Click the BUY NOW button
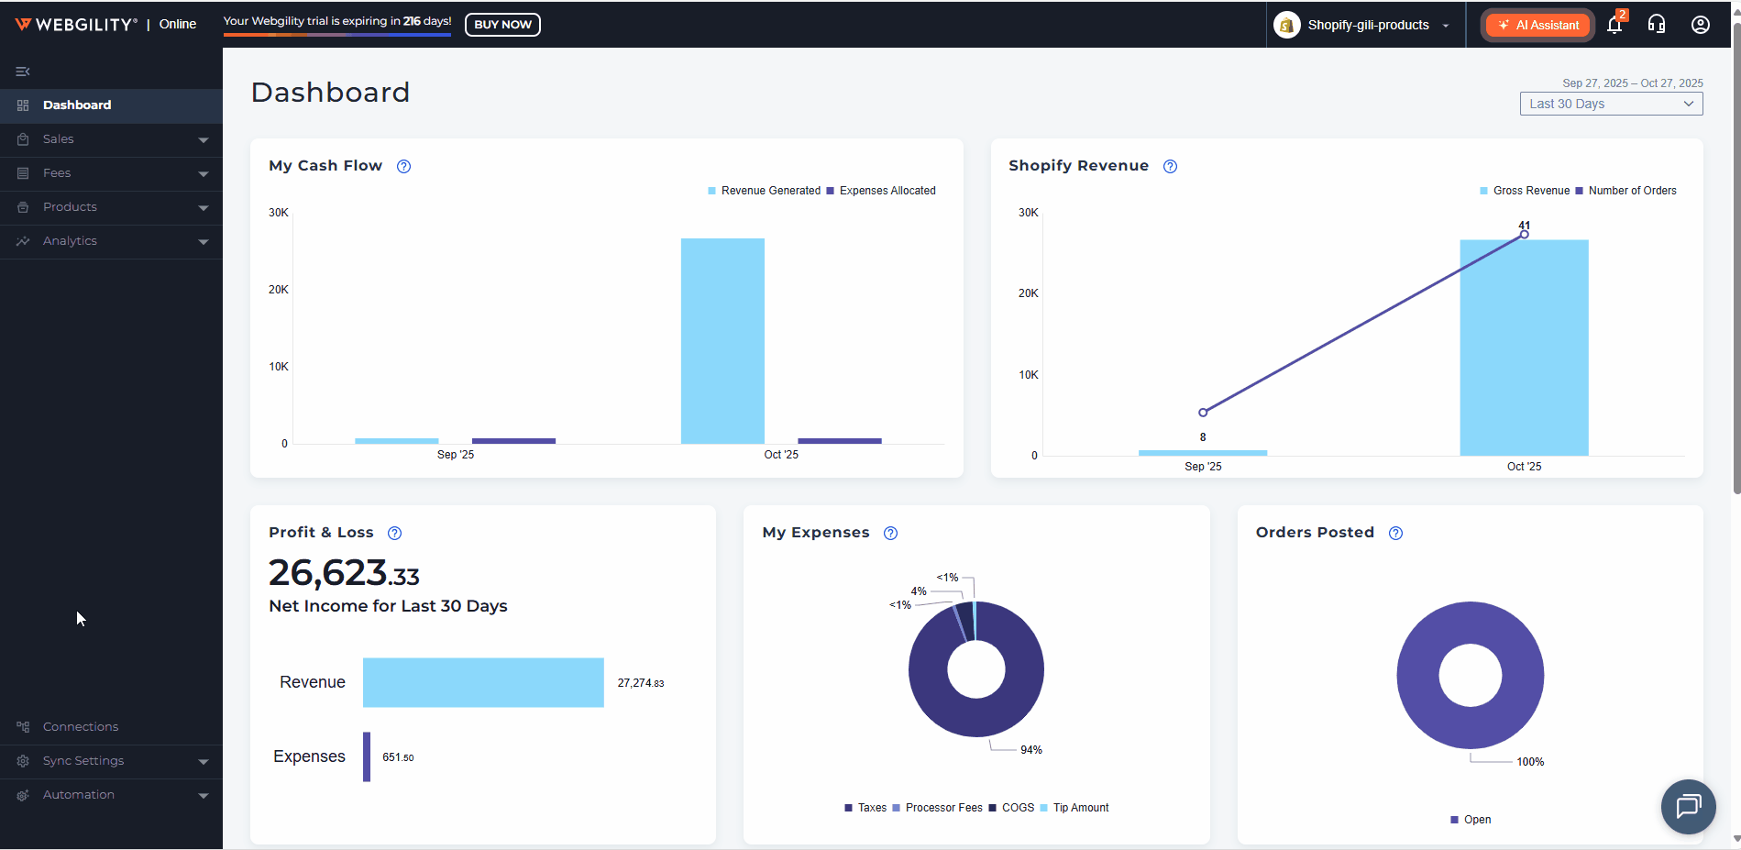pos(502,25)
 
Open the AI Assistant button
pos(1538,25)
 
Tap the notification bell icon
pos(1614,25)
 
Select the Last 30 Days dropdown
pos(1611,104)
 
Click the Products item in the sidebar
pos(70,207)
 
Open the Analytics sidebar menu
pos(70,241)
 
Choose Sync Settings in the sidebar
pos(83,761)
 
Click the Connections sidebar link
pos(81,727)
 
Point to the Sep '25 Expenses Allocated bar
pos(513,441)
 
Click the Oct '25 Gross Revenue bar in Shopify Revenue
pos(1524,348)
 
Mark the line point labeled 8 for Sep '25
pos(1203,413)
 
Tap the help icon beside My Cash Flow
pos(403,166)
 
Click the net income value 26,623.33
pos(344,573)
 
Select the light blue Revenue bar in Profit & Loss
pos(483,682)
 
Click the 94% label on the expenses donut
pos(1031,750)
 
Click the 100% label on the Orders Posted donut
pos(1530,762)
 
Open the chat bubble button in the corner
pos(1688,806)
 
